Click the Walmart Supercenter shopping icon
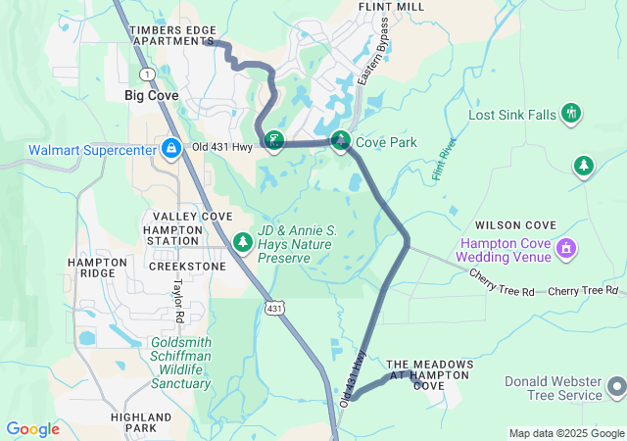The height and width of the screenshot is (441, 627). pyautogui.click(x=170, y=149)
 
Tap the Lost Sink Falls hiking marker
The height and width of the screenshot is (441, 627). pyautogui.click(x=571, y=115)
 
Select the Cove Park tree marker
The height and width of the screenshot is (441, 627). pyautogui.click(x=340, y=142)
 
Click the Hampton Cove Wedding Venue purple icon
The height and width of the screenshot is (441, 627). pyautogui.click(x=564, y=248)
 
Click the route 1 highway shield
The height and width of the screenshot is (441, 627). pyautogui.click(x=147, y=74)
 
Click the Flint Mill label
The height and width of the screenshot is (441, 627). pyautogui.click(x=391, y=6)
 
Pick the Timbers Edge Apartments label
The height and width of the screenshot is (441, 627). pyautogui.click(x=172, y=36)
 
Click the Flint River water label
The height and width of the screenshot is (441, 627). pyautogui.click(x=444, y=159)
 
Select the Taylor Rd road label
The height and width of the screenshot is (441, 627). pyautogui.click(x=178, y=303)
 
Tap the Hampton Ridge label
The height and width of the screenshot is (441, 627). pyautogui.click(x=97, y=269)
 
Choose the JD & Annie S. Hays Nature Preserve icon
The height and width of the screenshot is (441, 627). pyautogui.click(x=243, y=241)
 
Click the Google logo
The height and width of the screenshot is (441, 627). pyautogui.click(x=33, y=429)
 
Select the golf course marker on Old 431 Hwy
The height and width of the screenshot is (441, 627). pyautogui.click(x=275, y=143)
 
